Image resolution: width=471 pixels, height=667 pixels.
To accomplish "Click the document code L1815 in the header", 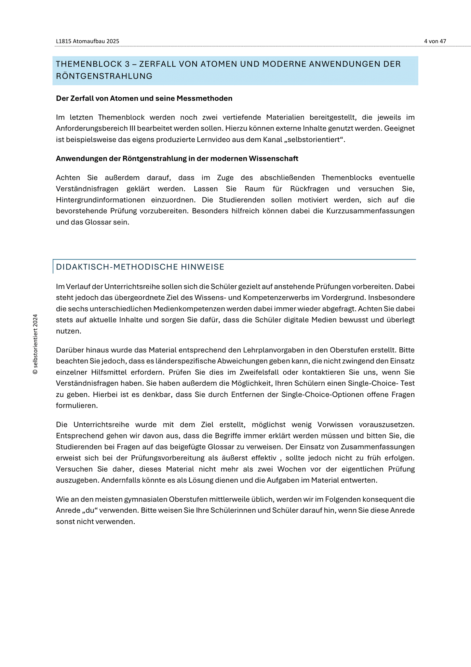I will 63,41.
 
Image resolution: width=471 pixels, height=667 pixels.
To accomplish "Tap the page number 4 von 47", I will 435,41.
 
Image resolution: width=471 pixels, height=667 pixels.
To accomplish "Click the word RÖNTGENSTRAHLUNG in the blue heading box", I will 104,76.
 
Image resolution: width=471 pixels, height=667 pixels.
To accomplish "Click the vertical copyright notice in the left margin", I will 35,344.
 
